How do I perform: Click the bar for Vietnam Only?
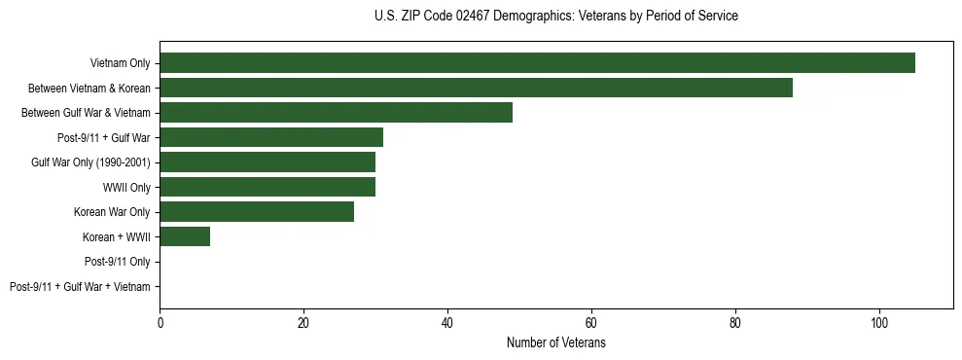tap(537, 63)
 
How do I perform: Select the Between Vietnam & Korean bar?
tap(476, 88)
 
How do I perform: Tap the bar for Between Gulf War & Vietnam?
tap(336, 113)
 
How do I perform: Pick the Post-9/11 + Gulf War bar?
tap(271, 137)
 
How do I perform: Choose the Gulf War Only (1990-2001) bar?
tap(267, 162)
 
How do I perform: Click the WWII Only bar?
tap(267, 187)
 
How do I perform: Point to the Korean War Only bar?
tap(257, 212)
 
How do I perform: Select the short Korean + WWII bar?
tap(185, 236)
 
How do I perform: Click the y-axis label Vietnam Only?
tap(120, 63)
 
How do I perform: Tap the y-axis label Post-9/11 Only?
tap(117, 262)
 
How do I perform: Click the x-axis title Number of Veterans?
tap(555, 343)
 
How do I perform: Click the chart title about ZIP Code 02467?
tap(555, 17)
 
